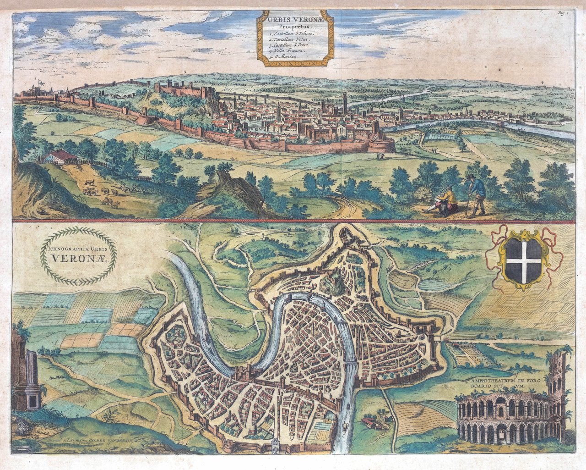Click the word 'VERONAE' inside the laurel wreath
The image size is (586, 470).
[80, 258]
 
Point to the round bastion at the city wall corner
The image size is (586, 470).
[384, 144]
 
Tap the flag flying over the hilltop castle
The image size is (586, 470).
[43, 82]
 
